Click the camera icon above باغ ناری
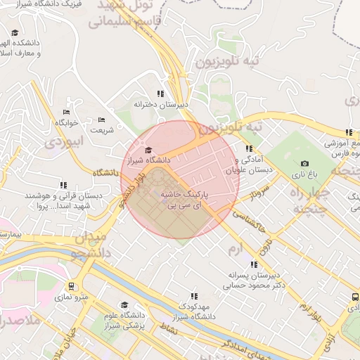[x=304, y=163]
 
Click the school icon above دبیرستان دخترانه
[x=161, y=93]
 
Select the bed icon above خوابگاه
[x=66, y=111]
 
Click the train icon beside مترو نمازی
[x=71, y=286]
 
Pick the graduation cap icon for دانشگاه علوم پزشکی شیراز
[x=124, y=305]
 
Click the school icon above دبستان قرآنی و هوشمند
[x=64, y=186]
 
